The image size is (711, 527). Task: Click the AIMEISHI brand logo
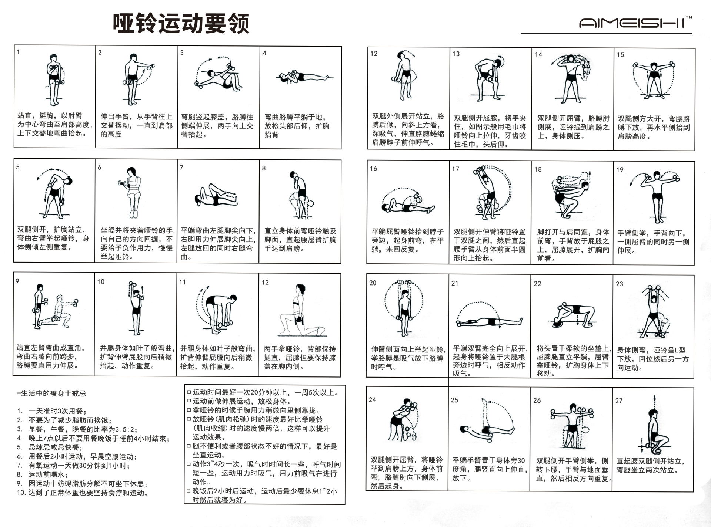pos(634,23)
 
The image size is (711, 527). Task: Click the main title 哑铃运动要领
pos(181,24)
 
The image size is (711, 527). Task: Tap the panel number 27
pos(619,401)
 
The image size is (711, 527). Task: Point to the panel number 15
pos(620,55)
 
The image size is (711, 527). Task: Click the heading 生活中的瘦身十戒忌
pos(51,393)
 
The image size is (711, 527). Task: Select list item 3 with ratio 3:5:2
pos(82,429)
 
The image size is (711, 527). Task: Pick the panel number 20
pos(373,283)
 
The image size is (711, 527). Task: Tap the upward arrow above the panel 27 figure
pos(654,400)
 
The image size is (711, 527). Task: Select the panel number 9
pos(17,281)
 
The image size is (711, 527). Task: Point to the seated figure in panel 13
pos(488,78)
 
